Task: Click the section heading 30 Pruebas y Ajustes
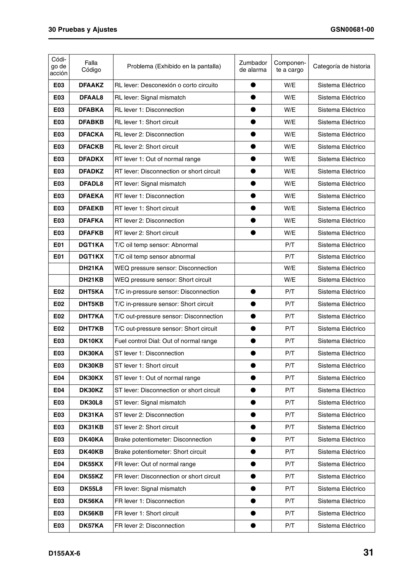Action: tap(82, 30)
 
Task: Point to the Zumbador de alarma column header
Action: tap(253, 66)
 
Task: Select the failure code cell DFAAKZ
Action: tap(91, 85)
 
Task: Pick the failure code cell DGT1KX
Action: tap(91, 257)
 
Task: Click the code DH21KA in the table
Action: tap(91, 268)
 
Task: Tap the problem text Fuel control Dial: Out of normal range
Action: tap(166, 341)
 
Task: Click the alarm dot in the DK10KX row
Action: tap(253, 341)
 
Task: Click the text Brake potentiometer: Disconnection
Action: tap(163, 439)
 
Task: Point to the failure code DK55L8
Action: tap(91, 489)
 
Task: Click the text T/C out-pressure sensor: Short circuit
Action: tap(166, 329)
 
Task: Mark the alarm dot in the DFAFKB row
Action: tap(253, 233)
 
